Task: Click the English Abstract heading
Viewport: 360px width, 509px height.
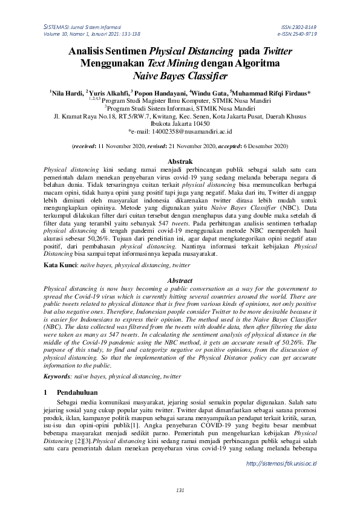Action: tap(180, 281)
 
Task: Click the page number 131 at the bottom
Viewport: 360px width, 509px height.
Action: tap(180, 490)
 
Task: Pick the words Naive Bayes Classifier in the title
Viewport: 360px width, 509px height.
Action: tap(180, 77)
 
